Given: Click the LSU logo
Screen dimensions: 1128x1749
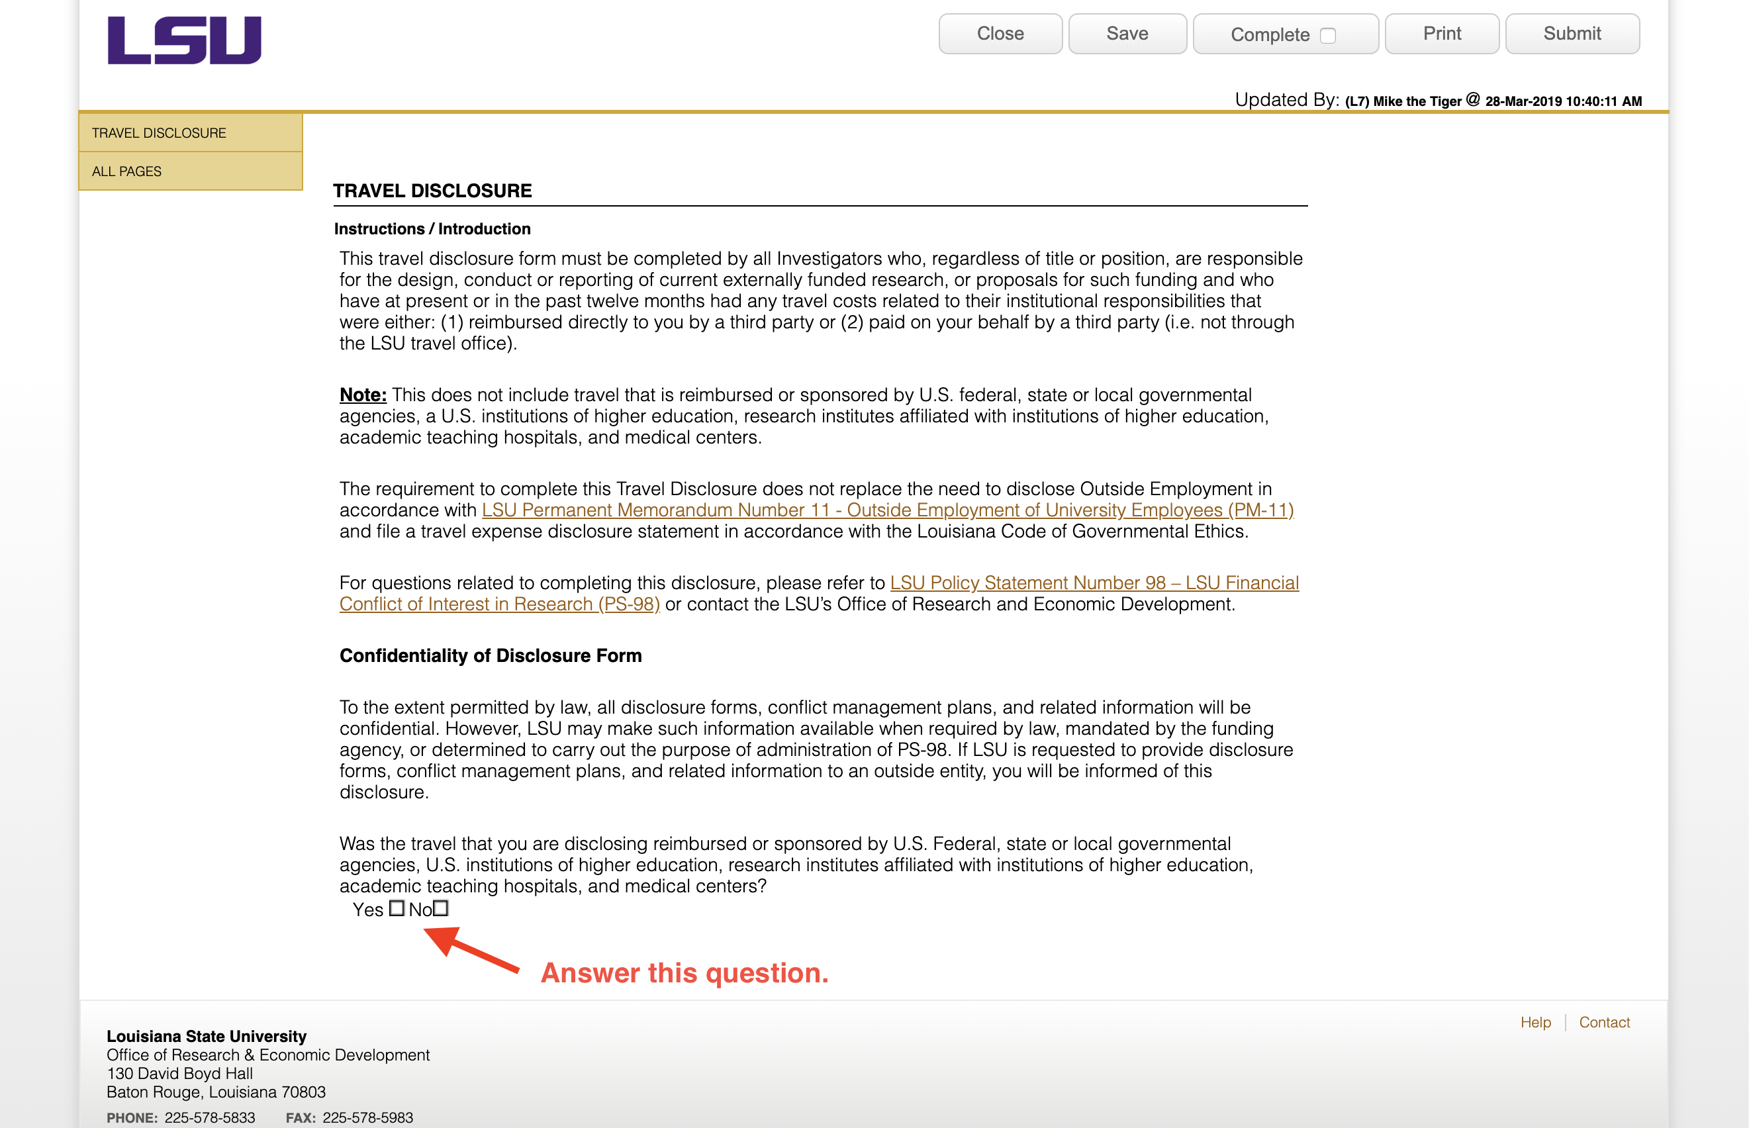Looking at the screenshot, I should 184,40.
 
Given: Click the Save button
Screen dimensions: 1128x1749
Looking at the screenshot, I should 1127,34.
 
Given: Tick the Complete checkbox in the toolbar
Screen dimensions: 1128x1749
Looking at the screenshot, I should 1327,36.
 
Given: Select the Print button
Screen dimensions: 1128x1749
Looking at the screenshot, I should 1441,34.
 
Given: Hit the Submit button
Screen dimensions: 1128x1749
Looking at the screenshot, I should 1572,34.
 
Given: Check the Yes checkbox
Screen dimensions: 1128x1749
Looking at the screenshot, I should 397,908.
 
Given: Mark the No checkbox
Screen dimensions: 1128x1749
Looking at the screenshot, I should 440,908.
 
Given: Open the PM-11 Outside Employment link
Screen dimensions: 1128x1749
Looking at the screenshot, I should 887,510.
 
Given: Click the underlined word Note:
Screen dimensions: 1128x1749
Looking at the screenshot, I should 363,395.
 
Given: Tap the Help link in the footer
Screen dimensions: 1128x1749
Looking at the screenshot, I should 1535,1023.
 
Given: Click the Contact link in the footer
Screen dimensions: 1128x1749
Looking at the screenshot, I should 1604,1023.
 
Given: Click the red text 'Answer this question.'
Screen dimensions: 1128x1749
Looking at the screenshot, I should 684,972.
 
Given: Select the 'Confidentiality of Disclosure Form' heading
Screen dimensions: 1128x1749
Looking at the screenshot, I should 490,655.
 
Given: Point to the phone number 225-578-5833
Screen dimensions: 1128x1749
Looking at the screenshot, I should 209,1118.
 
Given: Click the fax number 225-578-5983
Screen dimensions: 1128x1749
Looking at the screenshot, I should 367,1118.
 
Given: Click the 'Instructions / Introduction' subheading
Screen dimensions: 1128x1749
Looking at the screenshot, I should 432,229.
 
